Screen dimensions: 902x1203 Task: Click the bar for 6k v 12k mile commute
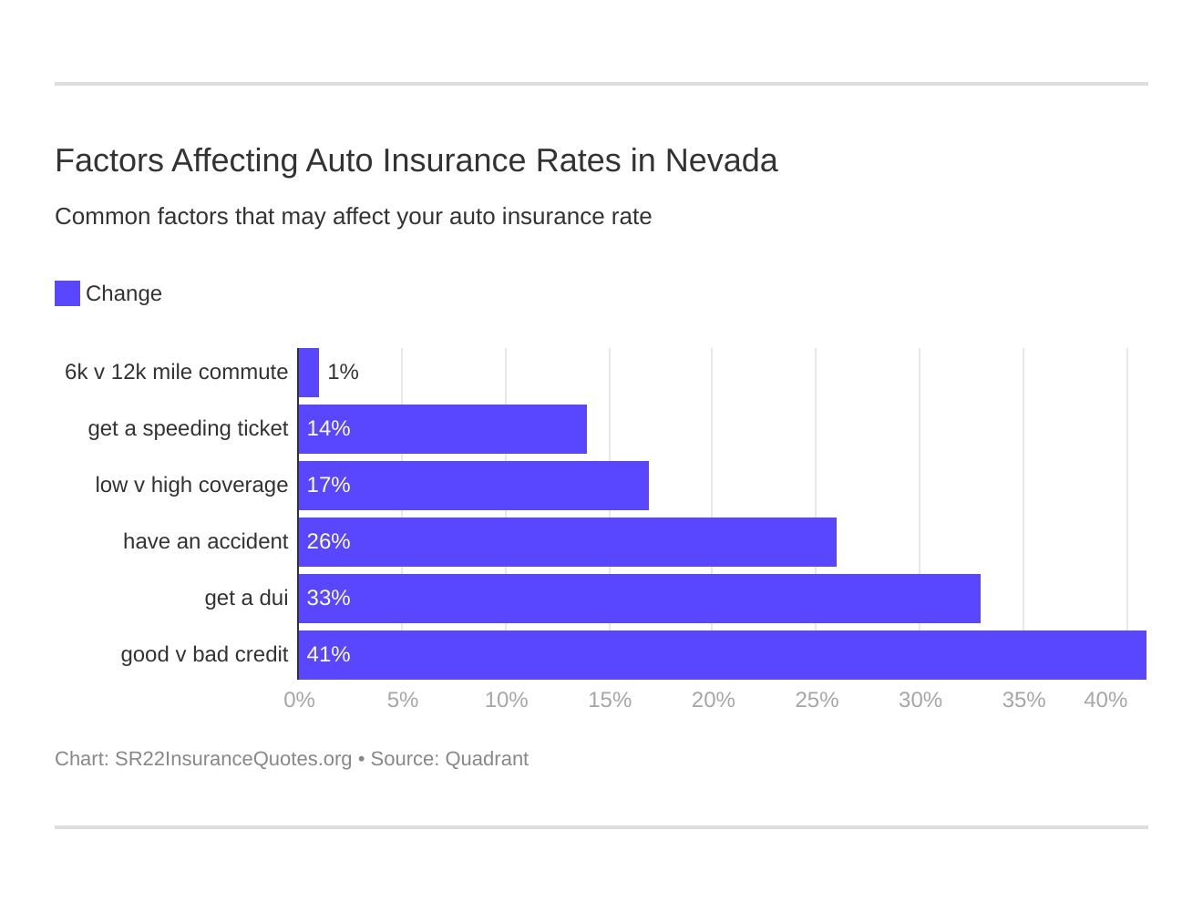(309, 373)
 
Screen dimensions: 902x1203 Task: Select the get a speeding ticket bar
(443, 429)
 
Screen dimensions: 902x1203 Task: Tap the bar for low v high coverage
(474, 486)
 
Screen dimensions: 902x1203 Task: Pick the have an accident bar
(568, 542)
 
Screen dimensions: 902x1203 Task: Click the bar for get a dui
(640, 599)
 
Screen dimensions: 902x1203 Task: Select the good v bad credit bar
(723, 655)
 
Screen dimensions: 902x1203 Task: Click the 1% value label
(343, 373)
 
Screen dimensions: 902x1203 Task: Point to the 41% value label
(328, 655)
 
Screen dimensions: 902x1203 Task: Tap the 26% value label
(328, 542)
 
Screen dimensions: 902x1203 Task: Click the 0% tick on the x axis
(299, 700)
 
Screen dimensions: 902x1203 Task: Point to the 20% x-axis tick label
(713, 700)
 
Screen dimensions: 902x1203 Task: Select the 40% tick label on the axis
(1105, 700)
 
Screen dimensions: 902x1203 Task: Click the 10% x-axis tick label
(506, 700)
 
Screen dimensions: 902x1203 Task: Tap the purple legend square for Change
(67, 293)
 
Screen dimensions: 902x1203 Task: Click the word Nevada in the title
(721, 160)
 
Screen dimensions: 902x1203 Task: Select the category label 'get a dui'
(246, 599)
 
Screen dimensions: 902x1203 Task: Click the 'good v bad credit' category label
(204, 655)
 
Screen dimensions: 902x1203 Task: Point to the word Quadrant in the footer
(487, 759)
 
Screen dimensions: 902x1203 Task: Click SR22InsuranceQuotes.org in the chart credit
(233, 759)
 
